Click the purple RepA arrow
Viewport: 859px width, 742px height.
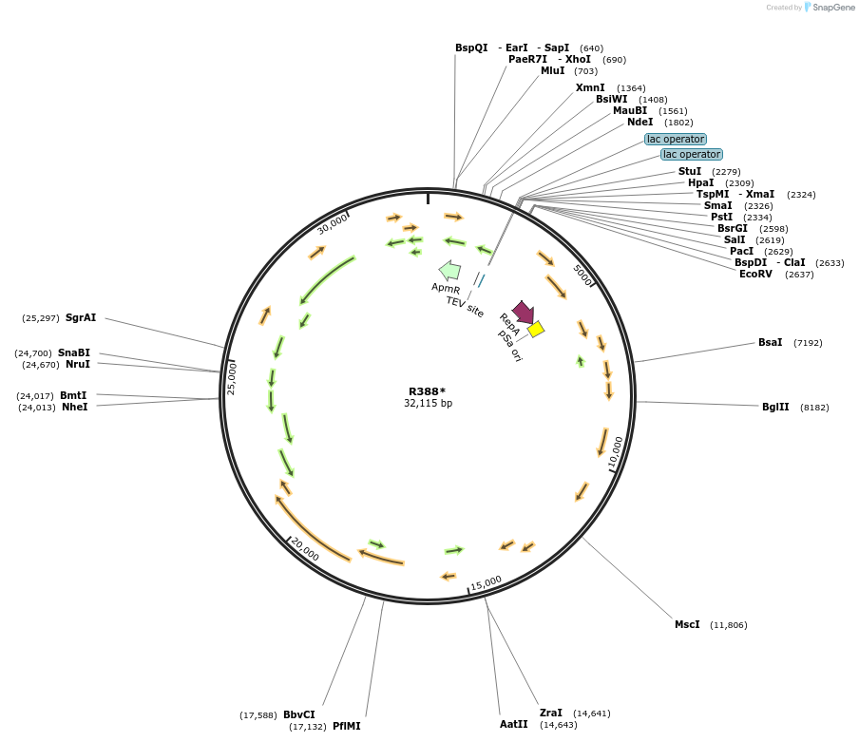pyautogui.click(x=524, y=313)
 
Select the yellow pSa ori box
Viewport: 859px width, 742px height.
pyautogui.click(x=536, y=329)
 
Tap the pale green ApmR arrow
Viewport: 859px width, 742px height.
pyautogui.click(x=449, y=271)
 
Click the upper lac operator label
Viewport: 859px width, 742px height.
pyautogui.click(x=676, y=139)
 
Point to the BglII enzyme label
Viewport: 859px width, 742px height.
pyautogui.click(x=775, y=407)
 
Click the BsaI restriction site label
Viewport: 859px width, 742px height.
pyautogui.click(x=770, y=342)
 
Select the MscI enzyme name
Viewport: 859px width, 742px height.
pyautogui.click(x=687, y=624)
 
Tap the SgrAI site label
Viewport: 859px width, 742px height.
pyautogui.click(x=81, y=317)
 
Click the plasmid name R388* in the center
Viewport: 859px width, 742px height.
pyautogui.click(x=428, y=391)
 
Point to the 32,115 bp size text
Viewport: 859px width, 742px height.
pyautogui.click(x=428, y=403)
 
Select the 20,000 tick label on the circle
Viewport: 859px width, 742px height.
pyautogui.click(x=305, y=549)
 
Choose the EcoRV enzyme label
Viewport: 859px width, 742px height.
pyautogui.click(x=755, y=274)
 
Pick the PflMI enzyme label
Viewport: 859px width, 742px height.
pyautogui.click(x=346, y=726)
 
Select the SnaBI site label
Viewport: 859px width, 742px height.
pyautogui.click(x=74, y=352)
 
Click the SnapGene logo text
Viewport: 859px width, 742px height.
pyautogui.click(x=833, y=7)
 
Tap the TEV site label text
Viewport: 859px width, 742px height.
pyautogui.click(x=465, y=307)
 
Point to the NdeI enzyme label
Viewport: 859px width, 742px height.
pyautogui.click(x=639, y=123)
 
